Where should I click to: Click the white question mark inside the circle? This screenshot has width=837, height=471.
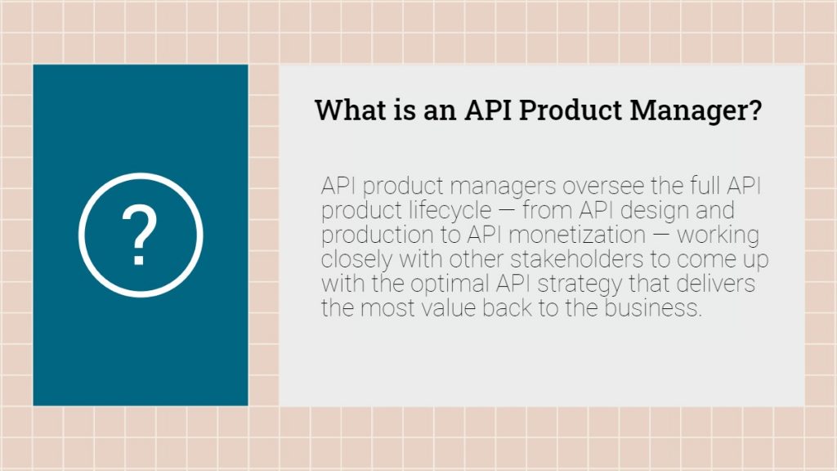(139, 235)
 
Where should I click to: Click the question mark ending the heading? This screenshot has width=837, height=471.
(754, 110)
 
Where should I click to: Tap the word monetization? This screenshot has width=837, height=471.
(577, 235)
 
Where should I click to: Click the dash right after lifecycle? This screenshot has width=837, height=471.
(507, 210)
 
